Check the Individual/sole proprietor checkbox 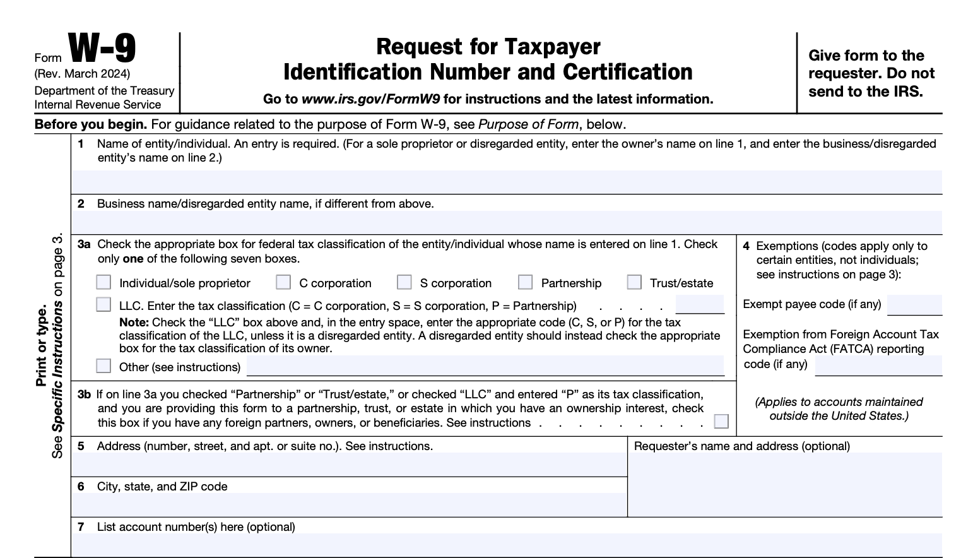tap(103, 282)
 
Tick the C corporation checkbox tap(283, 282)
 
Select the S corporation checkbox tap(404, 282)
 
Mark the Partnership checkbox tap(525, 282)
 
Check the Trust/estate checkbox tap(634, 282)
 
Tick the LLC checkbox tap(103, 305)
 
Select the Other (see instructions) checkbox tap(103, 366)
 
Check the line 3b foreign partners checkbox tap(721, 422)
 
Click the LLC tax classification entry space tap(700, 305)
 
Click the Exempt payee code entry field tap(914, 305)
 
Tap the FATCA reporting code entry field tap(878, 365)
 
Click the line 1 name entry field tap(507, 182)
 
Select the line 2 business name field tap(507, 223)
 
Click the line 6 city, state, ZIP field tap(349, 505)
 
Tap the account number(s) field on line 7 tap(507, 545)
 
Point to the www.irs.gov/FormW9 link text tap(370, 99)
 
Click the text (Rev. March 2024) tap(82, 74)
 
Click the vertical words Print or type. tap(42, 346)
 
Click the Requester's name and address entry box tap(785, 485)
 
